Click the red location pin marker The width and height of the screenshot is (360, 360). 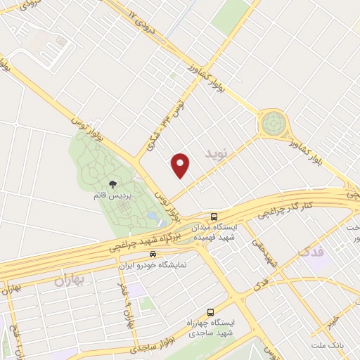(181, 164)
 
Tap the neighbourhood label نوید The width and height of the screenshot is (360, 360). (217, 152)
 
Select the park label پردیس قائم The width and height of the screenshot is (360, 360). (112, 195)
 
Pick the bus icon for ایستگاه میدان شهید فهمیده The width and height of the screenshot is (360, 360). (213, 217)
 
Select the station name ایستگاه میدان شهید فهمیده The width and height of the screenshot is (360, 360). (235, 232)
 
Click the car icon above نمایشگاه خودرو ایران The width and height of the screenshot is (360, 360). (153, 254)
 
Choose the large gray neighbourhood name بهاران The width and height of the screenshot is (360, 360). (69, 281)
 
